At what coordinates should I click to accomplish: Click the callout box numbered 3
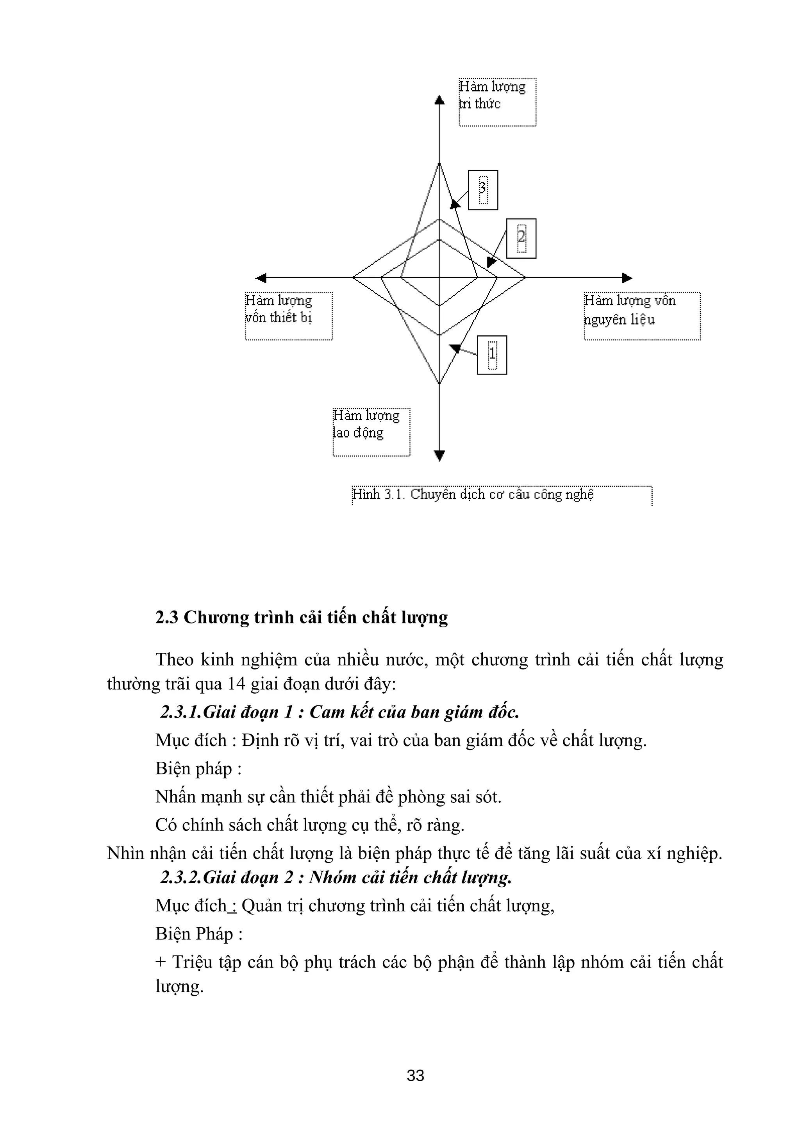pos(482,190)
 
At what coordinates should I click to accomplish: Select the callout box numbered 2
pos(521,238)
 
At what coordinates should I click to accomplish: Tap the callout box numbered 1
pos(492,355)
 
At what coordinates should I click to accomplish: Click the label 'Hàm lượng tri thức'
pos(497,102)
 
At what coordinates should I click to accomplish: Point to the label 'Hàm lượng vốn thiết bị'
pos(288,316)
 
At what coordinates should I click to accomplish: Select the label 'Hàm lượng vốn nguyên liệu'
pos(642,316)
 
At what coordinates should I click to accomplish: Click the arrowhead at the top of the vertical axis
pos(439,100)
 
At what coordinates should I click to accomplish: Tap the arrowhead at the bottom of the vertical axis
pos(439,455)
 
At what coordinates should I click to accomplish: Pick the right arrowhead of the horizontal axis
pos(627,278)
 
